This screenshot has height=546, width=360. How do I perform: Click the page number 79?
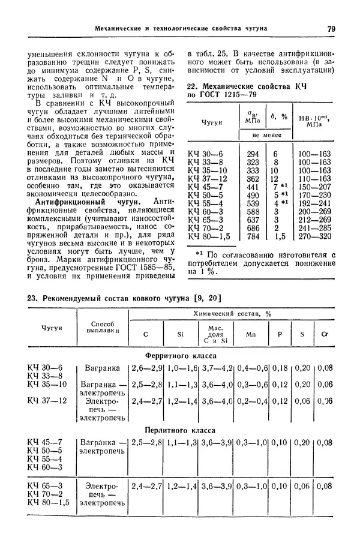(x=331, y=28)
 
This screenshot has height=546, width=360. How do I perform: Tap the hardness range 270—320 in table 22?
(x=315, y=236)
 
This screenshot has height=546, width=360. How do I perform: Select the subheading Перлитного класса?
(x=181, y=430)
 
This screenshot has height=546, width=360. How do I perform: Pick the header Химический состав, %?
(x=232, y=314)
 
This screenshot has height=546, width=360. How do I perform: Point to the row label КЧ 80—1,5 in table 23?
(x=49, y=502)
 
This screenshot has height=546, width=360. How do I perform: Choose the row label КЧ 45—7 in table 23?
(x=45, y=443)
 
